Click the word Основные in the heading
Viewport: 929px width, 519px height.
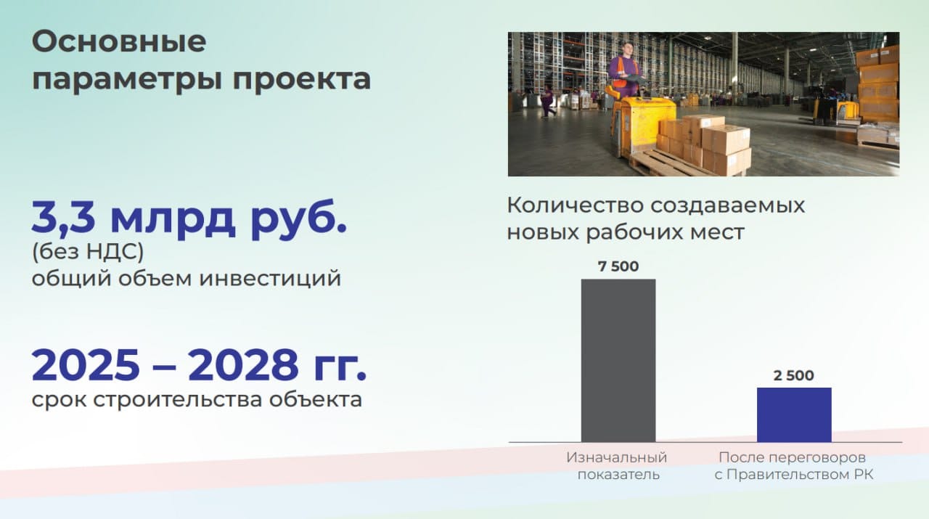tap(119, 41)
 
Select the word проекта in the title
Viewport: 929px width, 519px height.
tap(301, 79)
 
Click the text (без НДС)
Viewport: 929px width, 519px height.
tap(88, 252)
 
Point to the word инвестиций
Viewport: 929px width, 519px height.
tap(270, 279)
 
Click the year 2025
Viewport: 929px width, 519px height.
tap(86, 365)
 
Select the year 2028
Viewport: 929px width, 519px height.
tap(243, 365)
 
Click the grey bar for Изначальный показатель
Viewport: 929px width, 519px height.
tap(618, 361)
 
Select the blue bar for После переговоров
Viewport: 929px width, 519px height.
tap(794, 415)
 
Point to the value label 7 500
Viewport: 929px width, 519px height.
tap(618, 266)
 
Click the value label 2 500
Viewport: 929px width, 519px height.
tap(794, 375)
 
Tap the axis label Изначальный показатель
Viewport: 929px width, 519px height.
tap(617, 466)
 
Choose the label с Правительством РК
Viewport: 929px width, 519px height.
tap(794, 475)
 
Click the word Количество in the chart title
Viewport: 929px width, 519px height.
tap(574, 205)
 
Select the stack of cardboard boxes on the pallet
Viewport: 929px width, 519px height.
tap(705, 143)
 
